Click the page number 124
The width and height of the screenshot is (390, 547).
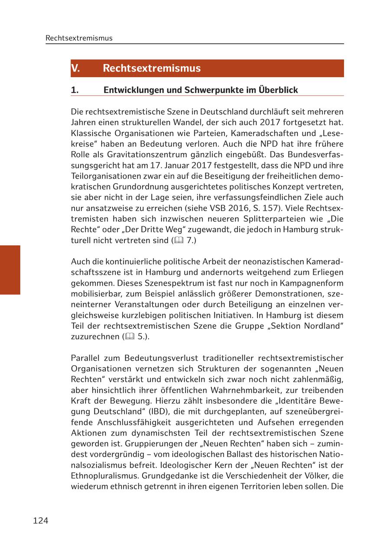40,521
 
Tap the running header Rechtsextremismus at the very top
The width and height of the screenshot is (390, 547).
79,38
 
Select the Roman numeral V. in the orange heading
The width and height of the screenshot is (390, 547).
75,68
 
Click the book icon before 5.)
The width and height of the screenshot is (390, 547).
130,337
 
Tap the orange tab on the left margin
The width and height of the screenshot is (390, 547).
10,270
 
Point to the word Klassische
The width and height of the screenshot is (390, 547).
90,133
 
